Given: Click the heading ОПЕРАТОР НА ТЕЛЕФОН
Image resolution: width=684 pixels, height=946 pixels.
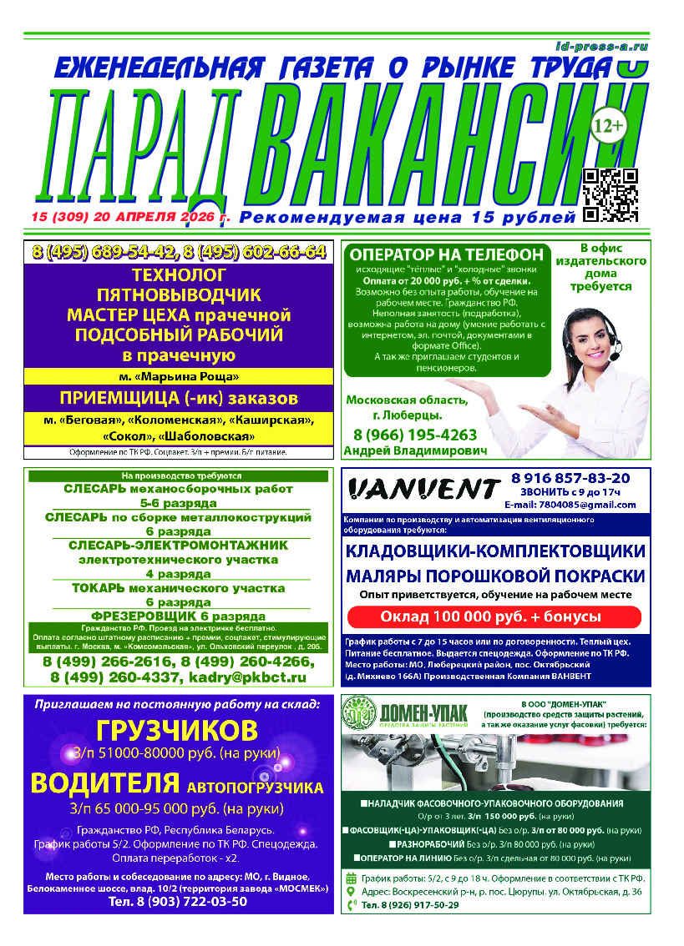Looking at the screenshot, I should coord(446,255).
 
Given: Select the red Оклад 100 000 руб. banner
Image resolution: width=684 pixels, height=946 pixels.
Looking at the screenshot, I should coord(494,616).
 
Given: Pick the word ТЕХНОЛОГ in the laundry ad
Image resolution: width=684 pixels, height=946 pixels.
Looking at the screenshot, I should coord(180,274).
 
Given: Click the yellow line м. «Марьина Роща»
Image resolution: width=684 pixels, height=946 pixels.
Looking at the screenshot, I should coord(180,377).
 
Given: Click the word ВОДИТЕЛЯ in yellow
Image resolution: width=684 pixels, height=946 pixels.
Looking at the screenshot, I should coord(104,784).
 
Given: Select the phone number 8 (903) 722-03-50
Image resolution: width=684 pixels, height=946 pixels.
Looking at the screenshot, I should coord(178,902).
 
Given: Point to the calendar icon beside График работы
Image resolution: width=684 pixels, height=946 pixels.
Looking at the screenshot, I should coord(351,878).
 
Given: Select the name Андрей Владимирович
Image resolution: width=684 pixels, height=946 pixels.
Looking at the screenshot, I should coord(414,450).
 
